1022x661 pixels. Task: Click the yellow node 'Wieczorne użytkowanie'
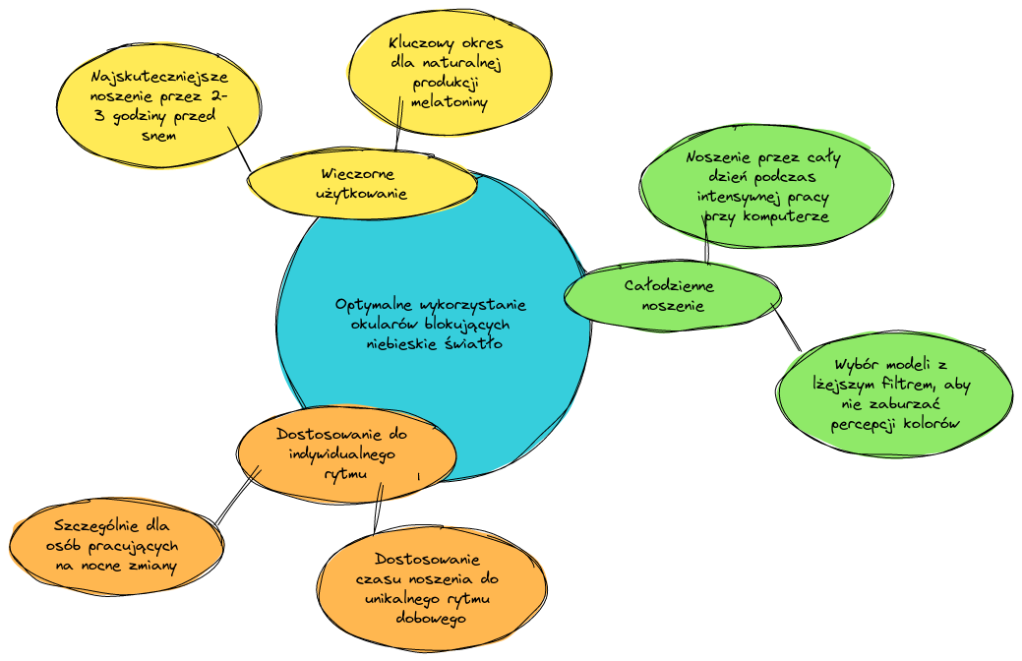coord(361,184)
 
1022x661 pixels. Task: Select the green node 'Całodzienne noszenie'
coord(669,295)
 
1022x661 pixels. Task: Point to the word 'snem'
coord(158,136)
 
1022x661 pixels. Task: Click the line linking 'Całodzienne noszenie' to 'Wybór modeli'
coord(786,327)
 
